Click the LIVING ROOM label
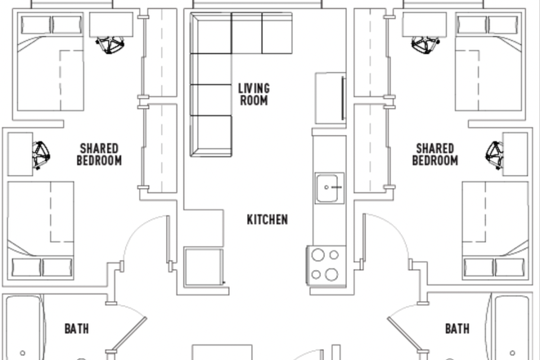(254, 94)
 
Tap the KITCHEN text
(268, 219)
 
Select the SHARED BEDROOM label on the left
(100, 155)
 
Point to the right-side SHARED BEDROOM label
(434, 155)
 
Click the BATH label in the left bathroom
(77, 330)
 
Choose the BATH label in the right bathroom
(457, 330)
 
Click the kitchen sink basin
(331, 188)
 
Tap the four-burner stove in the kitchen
(325, 263)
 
